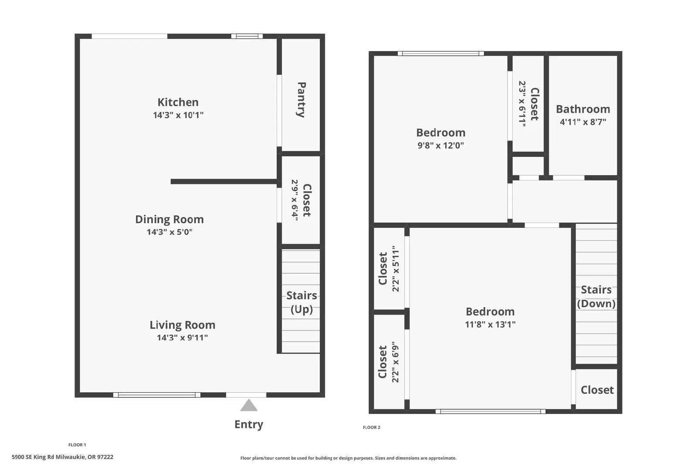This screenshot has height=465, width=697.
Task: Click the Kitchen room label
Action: point(178,102)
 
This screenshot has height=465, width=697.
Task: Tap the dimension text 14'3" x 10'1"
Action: point(178,115)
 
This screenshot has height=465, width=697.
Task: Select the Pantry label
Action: point(301,100)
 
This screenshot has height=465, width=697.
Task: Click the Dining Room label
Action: point(169,219)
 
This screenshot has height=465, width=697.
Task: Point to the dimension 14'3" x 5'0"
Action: point(169,232)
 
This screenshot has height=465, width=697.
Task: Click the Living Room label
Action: point(182,325)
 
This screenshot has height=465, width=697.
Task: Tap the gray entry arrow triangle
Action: point(249,406)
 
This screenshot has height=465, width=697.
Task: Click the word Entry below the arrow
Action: point(249,424)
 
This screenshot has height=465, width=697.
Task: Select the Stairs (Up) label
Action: point(301,302)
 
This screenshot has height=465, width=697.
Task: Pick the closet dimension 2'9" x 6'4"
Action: point(295,200)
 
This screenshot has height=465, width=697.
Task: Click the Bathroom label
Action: point(583,109)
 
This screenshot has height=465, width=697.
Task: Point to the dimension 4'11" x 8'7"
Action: point(583,122)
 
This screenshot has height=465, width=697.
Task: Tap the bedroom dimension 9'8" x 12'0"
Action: point(440,145)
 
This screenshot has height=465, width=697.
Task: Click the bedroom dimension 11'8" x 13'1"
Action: point(490,324)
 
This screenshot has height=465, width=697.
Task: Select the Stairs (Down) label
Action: point(596,296)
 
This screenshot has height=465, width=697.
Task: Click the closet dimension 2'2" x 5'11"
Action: point(396,268)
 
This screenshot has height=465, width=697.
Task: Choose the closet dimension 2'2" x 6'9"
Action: point(396,362)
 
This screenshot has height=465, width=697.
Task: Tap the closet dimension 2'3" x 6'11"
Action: point(522,104)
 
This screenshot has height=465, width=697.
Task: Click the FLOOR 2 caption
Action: point(372,428)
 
